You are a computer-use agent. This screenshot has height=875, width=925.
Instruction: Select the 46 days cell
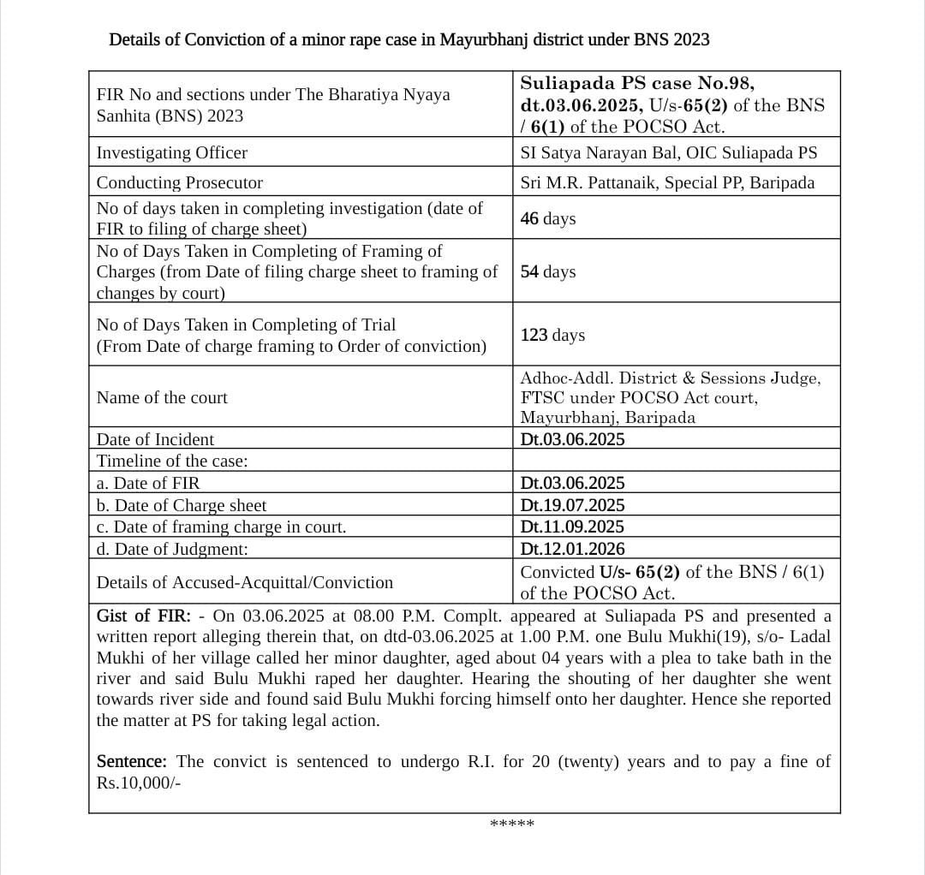tap(548, 219)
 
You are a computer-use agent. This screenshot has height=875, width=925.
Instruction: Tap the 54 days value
tap(548, 272)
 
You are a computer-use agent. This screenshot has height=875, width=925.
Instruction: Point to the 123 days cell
tap(552, 335)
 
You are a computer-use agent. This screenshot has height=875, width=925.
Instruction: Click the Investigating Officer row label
tap(172, 153)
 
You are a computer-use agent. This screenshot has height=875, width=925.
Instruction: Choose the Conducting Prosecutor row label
tap(180, 183)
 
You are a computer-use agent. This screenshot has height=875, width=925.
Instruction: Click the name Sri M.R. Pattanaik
tap(588, 183)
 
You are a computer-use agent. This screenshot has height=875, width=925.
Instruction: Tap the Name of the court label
tap(162, 398)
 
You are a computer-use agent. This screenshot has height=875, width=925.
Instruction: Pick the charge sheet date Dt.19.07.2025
tap(572, 506)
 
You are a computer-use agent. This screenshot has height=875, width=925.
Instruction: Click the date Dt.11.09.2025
tap(572, 527)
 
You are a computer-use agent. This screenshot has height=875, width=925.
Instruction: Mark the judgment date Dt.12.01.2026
tap(572, 549)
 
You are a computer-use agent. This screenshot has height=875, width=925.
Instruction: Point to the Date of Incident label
tap(155, 440)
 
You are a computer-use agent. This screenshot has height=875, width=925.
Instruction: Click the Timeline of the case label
tap(172, 461)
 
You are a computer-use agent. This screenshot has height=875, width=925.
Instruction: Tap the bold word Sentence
tap(131, 762)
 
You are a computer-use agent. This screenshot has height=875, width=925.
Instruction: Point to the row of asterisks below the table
tap(511, 824)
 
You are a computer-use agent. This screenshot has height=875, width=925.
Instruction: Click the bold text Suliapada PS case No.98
tap(637, 84)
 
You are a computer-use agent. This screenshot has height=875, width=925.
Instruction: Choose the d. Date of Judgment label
tap(172, 549)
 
